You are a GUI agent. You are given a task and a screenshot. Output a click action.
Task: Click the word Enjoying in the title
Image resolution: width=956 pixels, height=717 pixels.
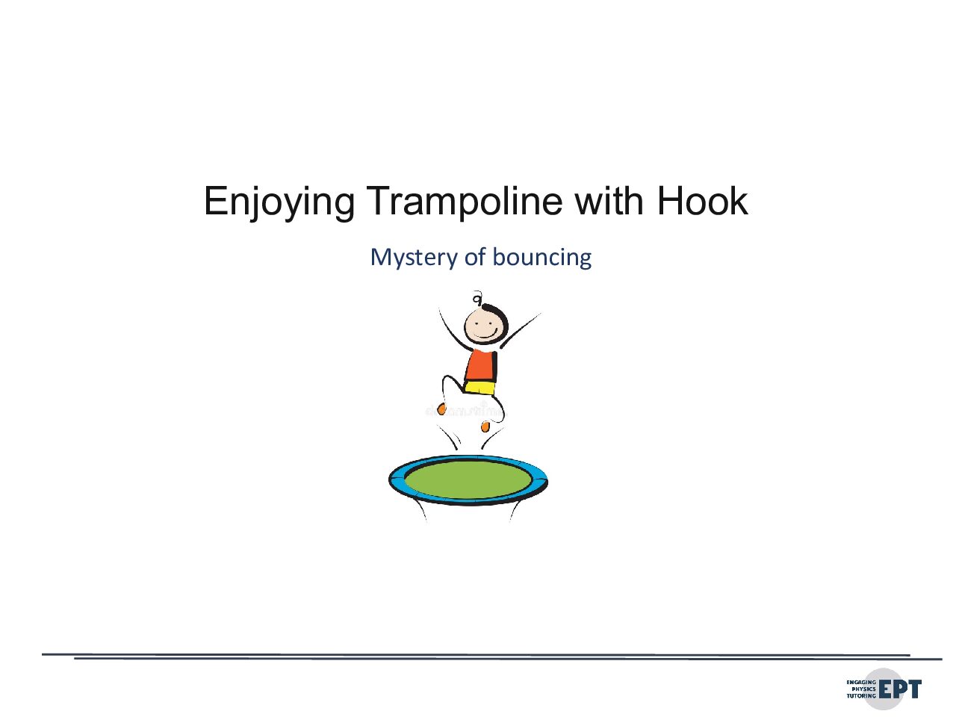(279, 202)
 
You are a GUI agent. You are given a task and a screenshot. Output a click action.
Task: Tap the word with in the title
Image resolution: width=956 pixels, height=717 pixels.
(609, 200)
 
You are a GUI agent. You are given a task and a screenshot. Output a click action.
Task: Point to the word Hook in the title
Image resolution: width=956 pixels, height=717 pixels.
(702, 200)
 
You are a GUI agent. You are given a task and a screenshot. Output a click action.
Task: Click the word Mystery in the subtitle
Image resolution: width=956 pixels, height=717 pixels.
(413, 258)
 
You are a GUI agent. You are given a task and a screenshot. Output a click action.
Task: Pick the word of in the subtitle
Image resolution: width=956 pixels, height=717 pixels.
(475, 256)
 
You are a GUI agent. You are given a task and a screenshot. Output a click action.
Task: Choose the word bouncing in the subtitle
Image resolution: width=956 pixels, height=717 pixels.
(541, 258)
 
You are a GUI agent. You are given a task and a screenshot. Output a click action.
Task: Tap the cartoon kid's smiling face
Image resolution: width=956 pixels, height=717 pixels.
(483, 326)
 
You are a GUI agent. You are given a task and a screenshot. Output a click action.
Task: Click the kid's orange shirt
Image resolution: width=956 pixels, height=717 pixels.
(481, 366)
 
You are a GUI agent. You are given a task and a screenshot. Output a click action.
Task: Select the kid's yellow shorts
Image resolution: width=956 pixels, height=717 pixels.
(479, 388)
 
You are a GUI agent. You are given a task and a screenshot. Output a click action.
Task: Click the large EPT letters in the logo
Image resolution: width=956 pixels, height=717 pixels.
(900, 689)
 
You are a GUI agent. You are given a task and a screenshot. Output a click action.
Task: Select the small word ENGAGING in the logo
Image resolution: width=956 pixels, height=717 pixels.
(861, 682)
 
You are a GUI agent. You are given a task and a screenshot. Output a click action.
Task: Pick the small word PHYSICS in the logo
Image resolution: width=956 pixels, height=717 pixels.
(863, 689)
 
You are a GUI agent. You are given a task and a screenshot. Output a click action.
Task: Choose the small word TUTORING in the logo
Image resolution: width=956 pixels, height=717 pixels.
(861, 696)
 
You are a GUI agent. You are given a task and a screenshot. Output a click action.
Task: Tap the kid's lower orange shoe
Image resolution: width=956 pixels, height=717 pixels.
(485, 427)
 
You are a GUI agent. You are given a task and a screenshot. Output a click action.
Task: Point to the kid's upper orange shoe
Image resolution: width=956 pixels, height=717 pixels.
(441, 409)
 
